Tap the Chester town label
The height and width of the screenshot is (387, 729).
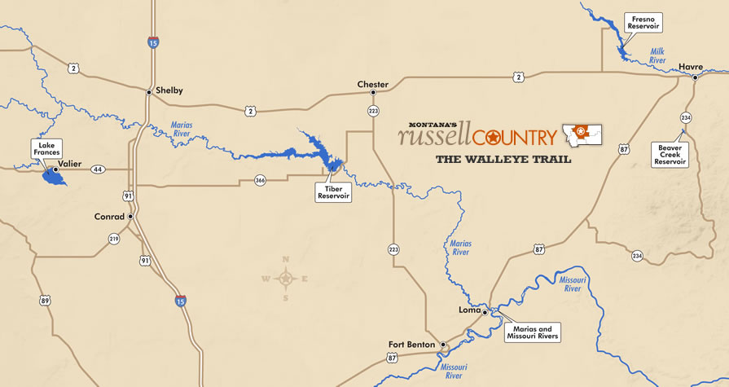click(x=372, y=84)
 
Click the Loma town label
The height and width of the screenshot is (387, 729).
click(x=469, y=310)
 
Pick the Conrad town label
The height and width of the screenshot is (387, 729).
click(x=108, y=217)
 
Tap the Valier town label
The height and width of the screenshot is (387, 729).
click(x=69, y=164)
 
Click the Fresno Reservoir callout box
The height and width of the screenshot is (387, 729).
click(x=641, y=22)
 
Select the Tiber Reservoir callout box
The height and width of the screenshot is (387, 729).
click(x=333, y=191)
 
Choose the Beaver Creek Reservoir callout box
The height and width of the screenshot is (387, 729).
click(x=670, y=154)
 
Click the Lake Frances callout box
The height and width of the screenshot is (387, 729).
click(x=46, y=148)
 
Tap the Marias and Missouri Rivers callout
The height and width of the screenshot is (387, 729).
click(x=532, y=331)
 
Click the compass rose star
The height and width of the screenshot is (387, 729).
click(x=285, y=279)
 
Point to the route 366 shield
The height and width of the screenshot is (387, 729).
click(x=260, y=180)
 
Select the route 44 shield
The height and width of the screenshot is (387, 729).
click(x=98, y=169)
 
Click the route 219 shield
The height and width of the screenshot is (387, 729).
click(x=113, y=239)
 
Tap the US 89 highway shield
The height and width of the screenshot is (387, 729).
click(x=45, y=301)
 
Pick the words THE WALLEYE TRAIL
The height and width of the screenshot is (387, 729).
click(x=503, y=159)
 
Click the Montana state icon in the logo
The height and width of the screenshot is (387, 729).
click(x=582, y=134)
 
